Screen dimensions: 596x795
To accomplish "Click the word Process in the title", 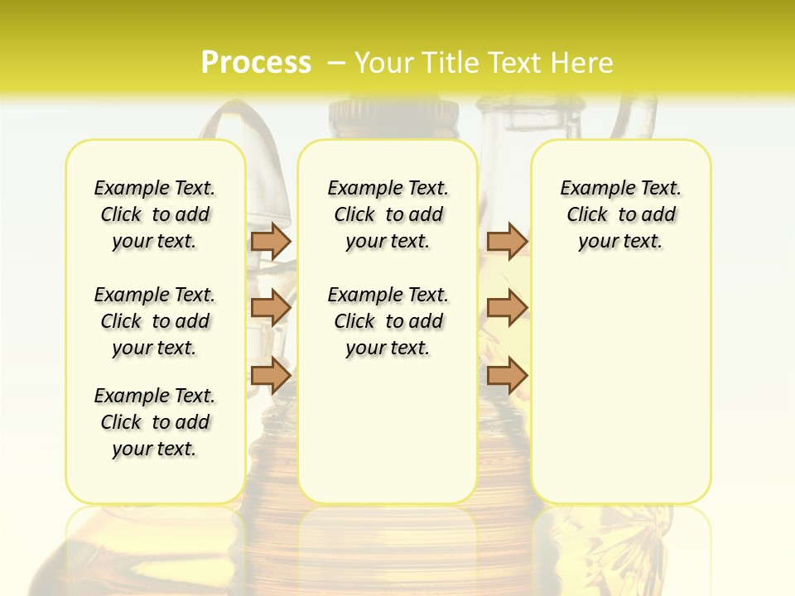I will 256,62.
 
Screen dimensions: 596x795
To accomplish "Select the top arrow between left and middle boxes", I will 271,241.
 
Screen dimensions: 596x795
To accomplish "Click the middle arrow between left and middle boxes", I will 271,308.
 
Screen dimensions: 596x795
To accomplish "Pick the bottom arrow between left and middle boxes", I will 271,376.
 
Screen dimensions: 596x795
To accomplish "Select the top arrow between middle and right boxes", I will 507,241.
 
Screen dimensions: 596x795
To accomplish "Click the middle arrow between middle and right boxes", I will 507,308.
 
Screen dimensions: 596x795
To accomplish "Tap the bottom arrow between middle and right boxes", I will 507,376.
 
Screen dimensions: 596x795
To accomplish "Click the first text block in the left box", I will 155,214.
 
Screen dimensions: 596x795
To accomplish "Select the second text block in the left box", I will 155,321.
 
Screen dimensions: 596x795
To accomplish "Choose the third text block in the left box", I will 155,422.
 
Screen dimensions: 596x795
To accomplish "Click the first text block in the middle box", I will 388,214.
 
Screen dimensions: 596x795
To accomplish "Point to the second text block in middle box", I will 388,321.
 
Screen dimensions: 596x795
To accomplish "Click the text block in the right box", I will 620,214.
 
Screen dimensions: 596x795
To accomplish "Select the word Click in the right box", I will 587,214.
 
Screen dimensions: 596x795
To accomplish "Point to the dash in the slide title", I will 336,62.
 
